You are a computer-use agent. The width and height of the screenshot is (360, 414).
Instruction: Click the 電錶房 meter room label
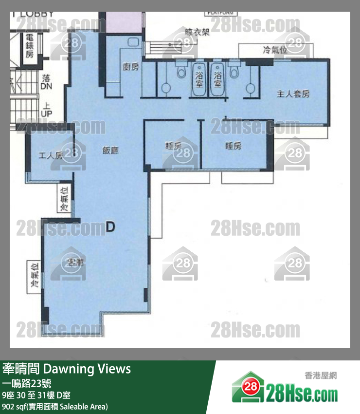[x=29, y=46]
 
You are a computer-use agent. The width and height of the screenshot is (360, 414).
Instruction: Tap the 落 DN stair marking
[x=46, y=82]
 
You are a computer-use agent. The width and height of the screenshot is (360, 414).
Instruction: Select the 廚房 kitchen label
[x=130, y=67]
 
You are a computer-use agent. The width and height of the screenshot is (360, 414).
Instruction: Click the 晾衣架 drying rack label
[x=197, y=33]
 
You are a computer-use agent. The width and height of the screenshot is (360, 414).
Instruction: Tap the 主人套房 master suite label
[x=293, y=94]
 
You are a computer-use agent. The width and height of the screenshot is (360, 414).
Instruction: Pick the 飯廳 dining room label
[x=110, y=150]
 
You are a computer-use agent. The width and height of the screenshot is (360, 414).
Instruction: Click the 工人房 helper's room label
[x=51, y=156]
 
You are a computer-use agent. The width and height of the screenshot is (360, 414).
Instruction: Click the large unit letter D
[x=110, y=226]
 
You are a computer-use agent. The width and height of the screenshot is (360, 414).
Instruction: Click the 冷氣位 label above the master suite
[x=275, y=50]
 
